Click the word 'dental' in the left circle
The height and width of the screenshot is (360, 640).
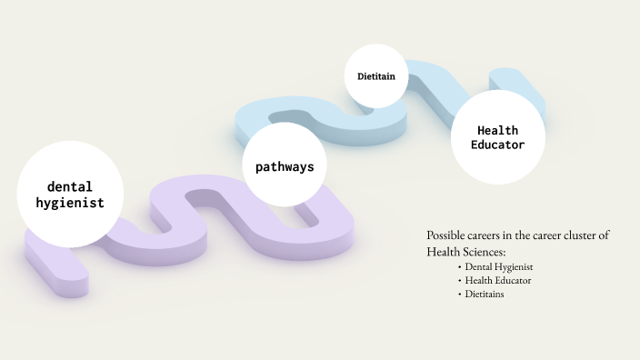click(70, 187)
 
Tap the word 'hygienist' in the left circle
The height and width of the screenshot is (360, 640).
click(70, 204)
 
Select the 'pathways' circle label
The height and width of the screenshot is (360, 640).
click(285, 167)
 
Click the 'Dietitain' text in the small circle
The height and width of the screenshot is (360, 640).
click(376, 76)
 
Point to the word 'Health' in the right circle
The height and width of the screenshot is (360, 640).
click(498, 131)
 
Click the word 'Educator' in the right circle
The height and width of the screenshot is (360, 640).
click(498, 145)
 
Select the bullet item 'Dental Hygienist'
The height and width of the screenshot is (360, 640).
click(499, 267)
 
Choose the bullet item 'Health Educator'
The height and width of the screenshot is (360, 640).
click(498, 280)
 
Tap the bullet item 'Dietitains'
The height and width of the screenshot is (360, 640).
click(485, 294)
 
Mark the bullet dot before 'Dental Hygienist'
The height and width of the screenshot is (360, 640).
click(460, 267)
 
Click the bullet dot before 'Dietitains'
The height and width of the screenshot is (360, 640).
click(460, 294)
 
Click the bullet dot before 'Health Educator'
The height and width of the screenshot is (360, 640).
click(460, 280)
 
